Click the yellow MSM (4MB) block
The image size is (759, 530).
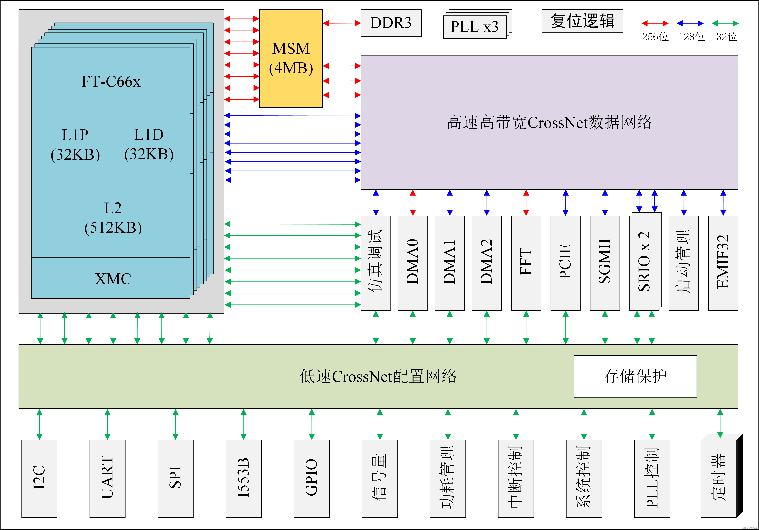click(291, 59)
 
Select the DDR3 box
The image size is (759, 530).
click(391, 23)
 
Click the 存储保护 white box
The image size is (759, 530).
click(635, 376)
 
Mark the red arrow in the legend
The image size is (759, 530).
click(655, 23)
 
